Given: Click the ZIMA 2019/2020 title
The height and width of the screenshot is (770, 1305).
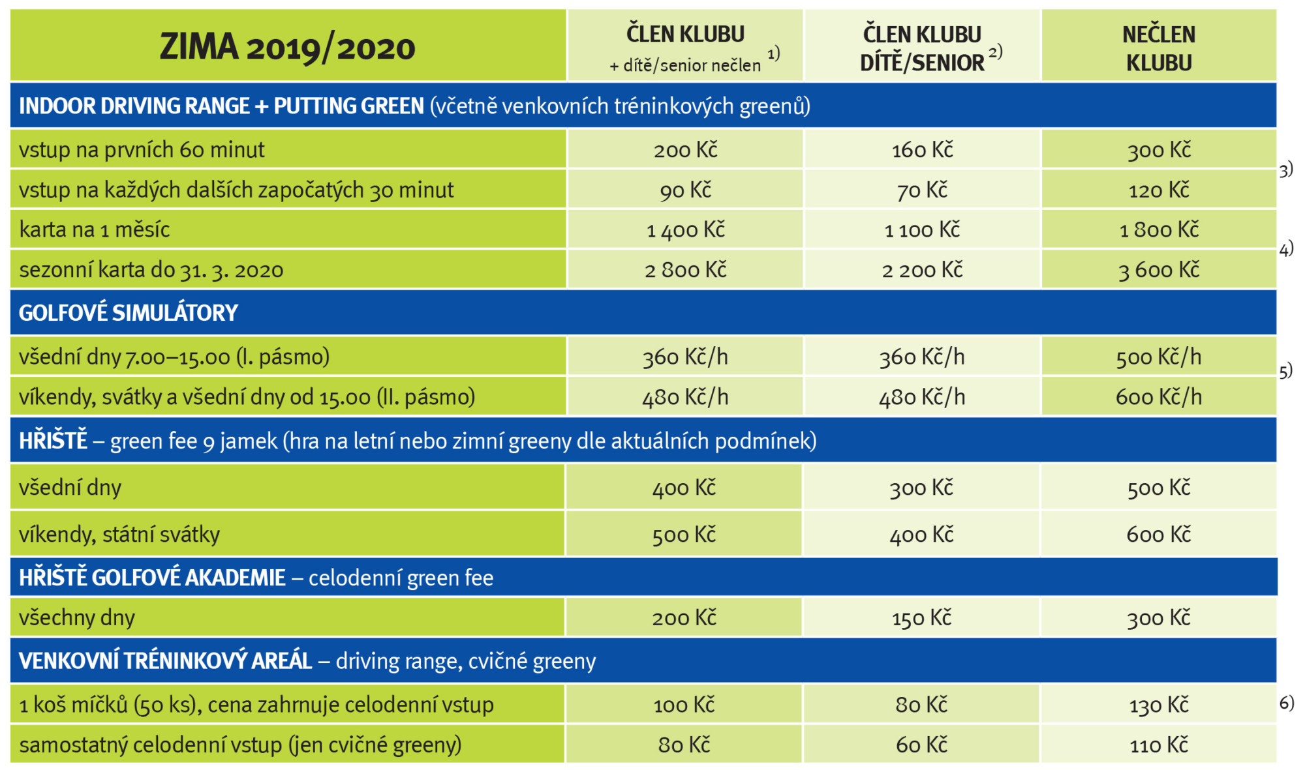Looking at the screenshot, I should tap(287, 48).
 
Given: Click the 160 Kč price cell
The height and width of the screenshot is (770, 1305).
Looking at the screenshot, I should tap(922, 150).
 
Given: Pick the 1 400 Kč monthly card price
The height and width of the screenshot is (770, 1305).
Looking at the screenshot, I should tap(685, 230).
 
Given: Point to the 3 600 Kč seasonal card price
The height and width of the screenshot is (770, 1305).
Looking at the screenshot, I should tap(1159, 270).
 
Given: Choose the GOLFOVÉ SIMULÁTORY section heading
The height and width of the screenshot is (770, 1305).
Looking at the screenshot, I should tap(129, 313).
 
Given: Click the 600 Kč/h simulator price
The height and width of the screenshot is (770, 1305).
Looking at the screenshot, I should tap(1159, 396).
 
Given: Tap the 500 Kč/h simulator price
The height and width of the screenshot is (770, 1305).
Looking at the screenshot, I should tap(1159, 357).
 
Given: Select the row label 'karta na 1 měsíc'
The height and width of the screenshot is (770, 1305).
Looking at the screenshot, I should tap(95, 230).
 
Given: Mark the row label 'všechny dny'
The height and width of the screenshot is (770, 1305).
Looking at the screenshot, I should tap(77, 617).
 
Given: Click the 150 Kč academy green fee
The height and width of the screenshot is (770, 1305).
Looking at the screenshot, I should tap(922, 617).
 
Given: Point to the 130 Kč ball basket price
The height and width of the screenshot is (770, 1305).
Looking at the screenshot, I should tap(1159, 705).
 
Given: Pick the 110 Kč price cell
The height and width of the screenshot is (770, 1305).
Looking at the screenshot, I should tap(1159, 745).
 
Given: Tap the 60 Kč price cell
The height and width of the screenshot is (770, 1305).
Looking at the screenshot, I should tap(922, 745).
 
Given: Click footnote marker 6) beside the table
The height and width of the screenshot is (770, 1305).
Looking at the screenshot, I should tap(1286, 702).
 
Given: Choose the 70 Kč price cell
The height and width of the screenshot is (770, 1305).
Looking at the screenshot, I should tap(922, 190).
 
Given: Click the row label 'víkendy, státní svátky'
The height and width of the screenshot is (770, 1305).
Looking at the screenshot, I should tap(119, 535).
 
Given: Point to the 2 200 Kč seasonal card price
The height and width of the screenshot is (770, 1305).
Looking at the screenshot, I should tap(922, 270).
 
